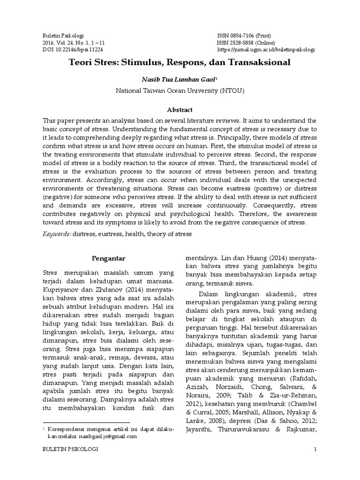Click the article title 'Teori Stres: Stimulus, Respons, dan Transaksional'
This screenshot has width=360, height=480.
[180, 61]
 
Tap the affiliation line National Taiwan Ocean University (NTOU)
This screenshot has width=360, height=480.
[180, 91]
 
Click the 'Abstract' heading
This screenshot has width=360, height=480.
[180, 110]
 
